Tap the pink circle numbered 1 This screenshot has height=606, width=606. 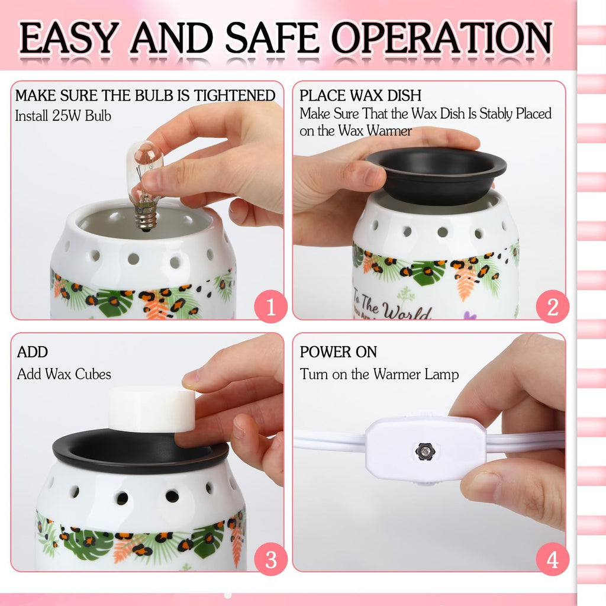click(270, 308)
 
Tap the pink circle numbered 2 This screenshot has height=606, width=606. click(552, 308)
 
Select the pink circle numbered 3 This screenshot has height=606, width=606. click(270, 559)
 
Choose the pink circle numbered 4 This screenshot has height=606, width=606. click(552, 559)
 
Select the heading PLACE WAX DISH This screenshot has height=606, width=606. click(360, 96)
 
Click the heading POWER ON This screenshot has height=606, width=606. click(338, 352)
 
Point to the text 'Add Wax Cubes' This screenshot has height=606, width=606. click(64, 374)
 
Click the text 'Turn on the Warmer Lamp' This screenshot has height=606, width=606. click(379, 374)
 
